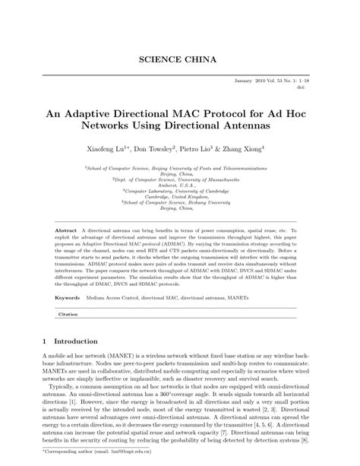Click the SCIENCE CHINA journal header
click(179, 59)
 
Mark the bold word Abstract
click(69, 229)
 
